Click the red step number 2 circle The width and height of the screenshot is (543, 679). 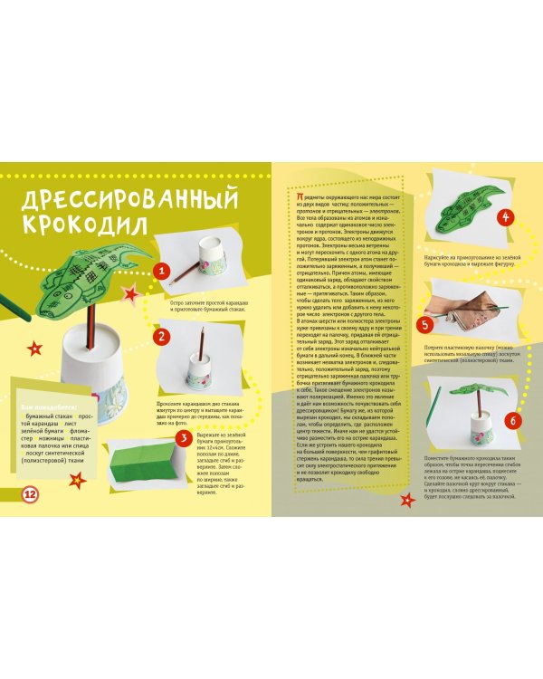tap(161, 336)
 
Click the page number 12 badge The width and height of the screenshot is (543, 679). tap(30, 493)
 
